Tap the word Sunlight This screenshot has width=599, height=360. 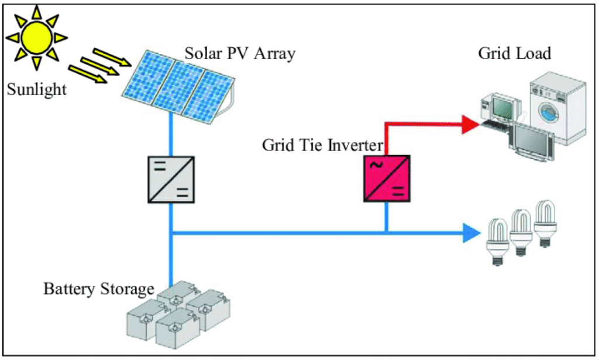click(37, 90)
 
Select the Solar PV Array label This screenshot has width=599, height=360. click(240, 53)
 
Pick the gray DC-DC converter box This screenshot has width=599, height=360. click(171, 180)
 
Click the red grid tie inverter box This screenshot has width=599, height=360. click(386, 180)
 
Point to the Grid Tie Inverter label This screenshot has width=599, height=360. click(322, 144)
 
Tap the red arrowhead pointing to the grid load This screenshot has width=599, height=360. click(469, 124)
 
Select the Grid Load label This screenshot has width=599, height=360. click(515, 53)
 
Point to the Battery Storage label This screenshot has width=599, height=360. click(99, 289)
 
